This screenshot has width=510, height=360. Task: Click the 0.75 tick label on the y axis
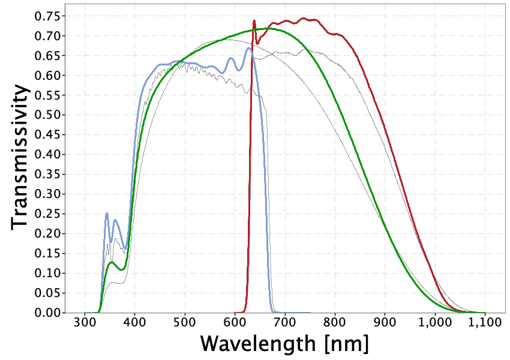[48, 16]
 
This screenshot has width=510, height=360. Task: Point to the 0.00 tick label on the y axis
[48, 313]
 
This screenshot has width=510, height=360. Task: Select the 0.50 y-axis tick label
[48, 115]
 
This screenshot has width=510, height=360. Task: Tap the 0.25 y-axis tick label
[48, 214]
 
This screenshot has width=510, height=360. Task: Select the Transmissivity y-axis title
[20, 156]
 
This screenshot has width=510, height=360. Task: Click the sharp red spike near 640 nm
[254, 21]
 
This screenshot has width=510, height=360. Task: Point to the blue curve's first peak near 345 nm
[107, 213]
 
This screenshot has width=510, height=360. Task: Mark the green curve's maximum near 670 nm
[268, 28]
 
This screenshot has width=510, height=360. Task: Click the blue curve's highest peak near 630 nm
[248, 48]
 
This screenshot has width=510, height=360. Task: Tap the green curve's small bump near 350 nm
[112, 262]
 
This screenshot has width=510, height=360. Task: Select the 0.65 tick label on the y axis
[48, 56]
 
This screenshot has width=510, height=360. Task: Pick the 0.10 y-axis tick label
[48, 274]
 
